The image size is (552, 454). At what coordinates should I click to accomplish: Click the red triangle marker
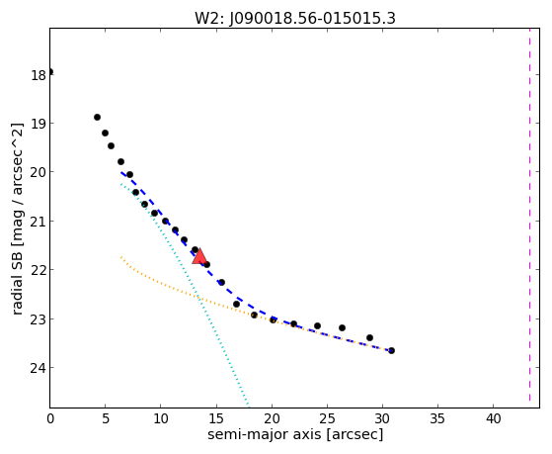[199, 257]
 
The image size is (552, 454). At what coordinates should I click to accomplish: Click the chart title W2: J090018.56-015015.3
[295, 19]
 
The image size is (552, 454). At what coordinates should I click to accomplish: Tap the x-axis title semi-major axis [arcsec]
[295, 434]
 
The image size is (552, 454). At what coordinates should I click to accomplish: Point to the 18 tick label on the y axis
[39, 75]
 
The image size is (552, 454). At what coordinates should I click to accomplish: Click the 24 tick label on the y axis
[39, 368]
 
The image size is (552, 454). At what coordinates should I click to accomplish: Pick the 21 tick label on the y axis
[39, 222]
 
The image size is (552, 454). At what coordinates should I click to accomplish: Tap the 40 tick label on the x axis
[493, 419]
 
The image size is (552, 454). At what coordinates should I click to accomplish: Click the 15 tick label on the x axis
[216, 419]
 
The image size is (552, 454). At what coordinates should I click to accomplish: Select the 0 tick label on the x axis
[50, 419]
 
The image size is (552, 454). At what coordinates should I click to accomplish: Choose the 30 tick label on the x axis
[382, 419]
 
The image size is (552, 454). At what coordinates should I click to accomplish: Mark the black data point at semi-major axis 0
[50, 72]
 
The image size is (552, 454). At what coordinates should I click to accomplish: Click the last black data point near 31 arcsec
[391, 350]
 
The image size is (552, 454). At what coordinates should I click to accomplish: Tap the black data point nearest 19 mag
[97, 117]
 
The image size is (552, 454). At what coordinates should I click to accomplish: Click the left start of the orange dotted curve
[121, 257]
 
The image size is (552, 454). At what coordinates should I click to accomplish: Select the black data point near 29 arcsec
[369, 337]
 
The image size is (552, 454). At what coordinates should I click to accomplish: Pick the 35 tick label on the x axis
[437, 419]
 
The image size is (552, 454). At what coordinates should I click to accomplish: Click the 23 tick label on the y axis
[39, 319]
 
